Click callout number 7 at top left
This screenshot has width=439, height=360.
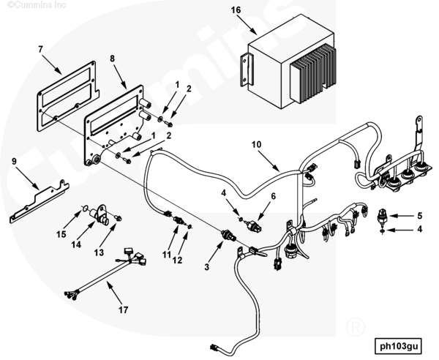pos(41,49)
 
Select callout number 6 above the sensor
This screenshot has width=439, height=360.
pos(274,197)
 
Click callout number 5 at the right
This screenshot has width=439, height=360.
pos(419,215)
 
